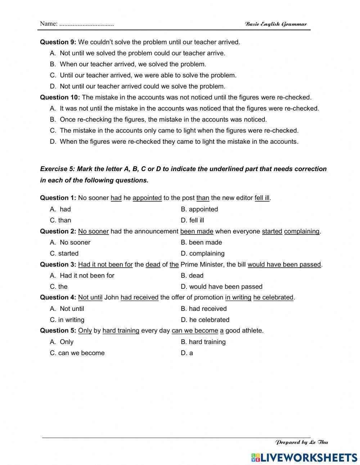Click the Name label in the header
[x=49, y=24]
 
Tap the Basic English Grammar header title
[x=275, y=24]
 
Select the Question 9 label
[x=58, y=42]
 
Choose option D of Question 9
[x=138, y=86]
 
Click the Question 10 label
[x=60, y=97]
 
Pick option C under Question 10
[x=174, y=130]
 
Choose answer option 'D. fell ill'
[x=192, y=220]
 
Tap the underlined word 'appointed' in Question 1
[x=147, y=198]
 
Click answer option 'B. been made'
[x=201, y=242]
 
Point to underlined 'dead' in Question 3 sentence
[x=153, y=264]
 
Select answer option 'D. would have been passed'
[x=221, y=287]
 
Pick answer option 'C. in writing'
[x=67, y=320]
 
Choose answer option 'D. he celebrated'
[x=205, y=320]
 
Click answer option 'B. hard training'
[x=203, y=342]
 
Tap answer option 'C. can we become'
[x=77, y=353]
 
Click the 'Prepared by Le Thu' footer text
[x=301, y=442]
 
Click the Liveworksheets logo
[x=304, y=457]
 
